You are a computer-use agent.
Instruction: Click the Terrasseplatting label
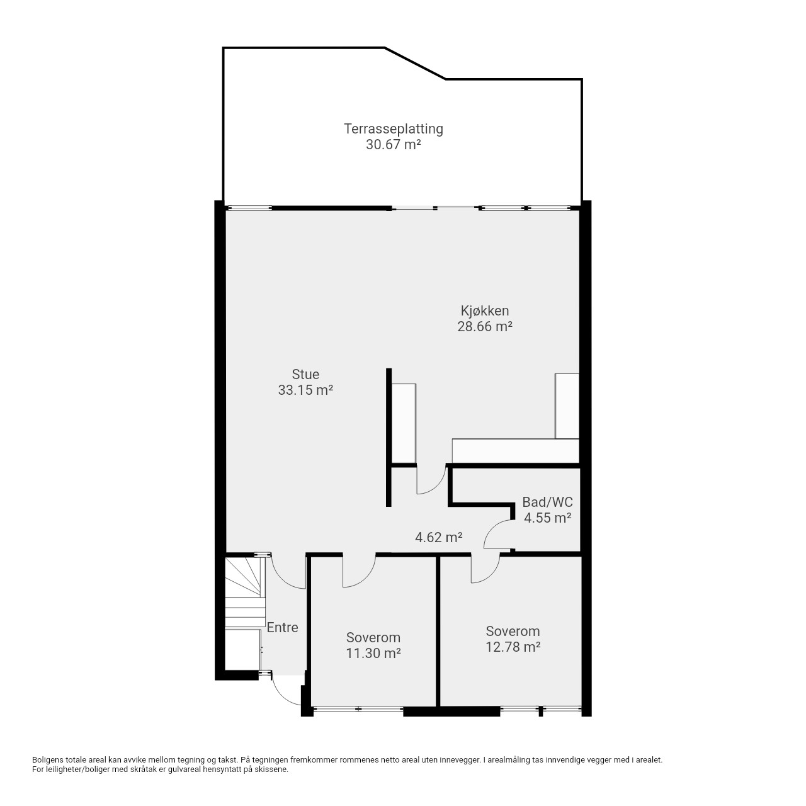pos(393,129)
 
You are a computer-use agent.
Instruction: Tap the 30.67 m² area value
pos(393,145)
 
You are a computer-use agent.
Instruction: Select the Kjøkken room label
pos(485,311)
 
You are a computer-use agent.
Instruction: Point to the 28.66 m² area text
pos(485,326)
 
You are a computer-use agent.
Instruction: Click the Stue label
pos(305,374)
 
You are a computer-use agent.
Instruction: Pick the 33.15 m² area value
pos(305,390)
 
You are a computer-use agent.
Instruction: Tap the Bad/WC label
pos(547,502)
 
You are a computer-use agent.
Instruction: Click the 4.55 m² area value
pos(547,518)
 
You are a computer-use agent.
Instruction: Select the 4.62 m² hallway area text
pos(438,537)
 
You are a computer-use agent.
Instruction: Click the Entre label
pos(282,627)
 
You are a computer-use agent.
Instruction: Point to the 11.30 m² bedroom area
pos(373,653)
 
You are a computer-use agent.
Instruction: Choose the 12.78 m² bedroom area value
pos(513,647)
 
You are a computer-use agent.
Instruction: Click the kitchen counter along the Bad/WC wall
pos(515,451)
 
